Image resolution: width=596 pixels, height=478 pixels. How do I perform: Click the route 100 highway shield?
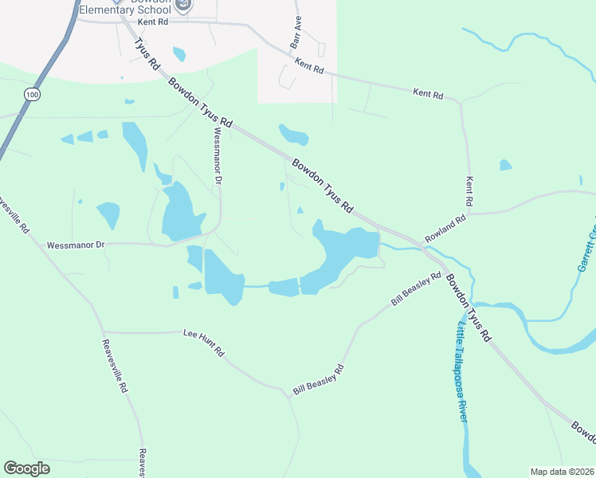coord(31,94)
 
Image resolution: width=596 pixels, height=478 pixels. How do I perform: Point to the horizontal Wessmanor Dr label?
coord(76,245)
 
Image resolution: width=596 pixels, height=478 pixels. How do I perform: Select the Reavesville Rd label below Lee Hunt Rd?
coord(115,366)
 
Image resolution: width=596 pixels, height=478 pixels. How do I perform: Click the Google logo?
coord(26,468)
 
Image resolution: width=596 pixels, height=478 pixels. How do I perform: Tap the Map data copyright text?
coord(562,472)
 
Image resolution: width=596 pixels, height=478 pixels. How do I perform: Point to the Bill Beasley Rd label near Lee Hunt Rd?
coord(318,380)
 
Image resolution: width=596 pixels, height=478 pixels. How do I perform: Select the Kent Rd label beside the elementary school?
coord(152,22)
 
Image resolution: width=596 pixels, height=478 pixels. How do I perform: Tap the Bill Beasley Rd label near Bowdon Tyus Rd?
coord(416,290)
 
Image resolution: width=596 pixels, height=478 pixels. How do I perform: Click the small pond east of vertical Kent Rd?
coord(505,165)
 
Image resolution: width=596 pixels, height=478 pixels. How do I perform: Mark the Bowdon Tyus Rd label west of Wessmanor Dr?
coord(199,103)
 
